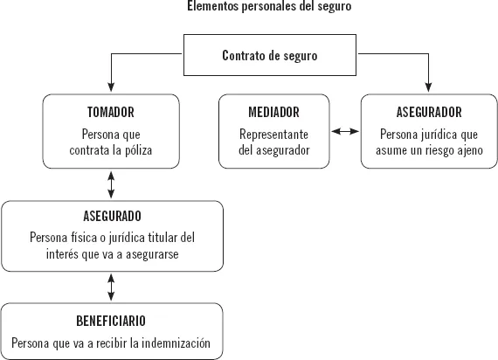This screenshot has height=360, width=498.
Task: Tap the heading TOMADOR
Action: pos(112,113)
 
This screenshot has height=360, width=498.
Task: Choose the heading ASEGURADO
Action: pos(112,215)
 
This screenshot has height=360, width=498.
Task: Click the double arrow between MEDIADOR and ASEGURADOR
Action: pos(346,132)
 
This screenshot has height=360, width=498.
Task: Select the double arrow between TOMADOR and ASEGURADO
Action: pos(111,184)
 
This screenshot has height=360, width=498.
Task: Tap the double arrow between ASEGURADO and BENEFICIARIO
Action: pos(111,287)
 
